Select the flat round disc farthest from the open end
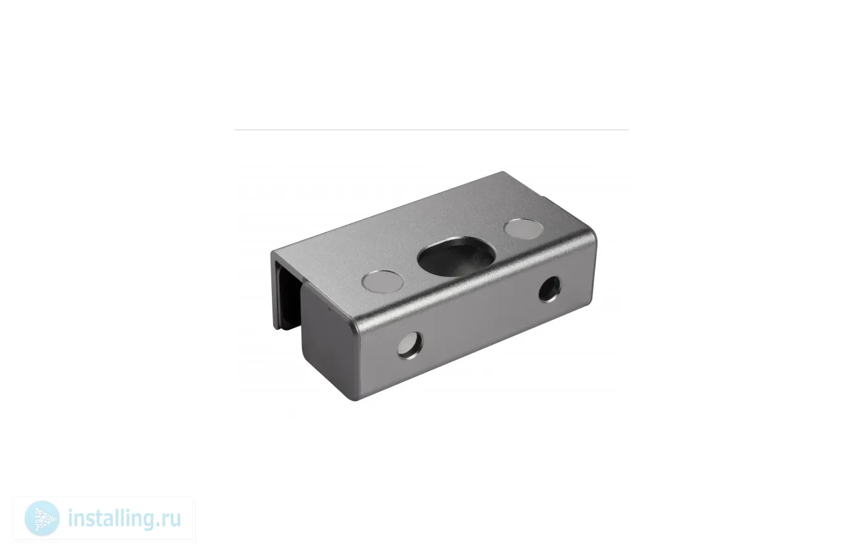coord(524,229)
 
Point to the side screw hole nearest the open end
coord(410,345)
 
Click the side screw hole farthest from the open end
coord(549,289)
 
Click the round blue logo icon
coord(42,519)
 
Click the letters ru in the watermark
coord(171,520)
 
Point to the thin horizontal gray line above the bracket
coord(431,130)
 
